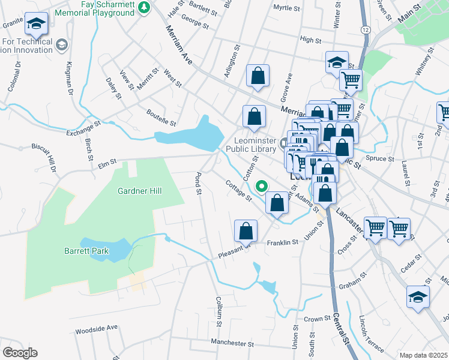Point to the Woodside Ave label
point(96,329)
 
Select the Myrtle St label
point(286,8)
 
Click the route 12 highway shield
point(365,29)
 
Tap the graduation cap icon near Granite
point(36,23)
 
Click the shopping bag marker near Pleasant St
point(246,230)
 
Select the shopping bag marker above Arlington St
point(258,76)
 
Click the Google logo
point(19,353)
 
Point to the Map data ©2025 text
point(424,355)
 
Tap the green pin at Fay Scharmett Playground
point(143,8)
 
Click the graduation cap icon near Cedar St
point(418,296)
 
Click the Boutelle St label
point(161,118)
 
